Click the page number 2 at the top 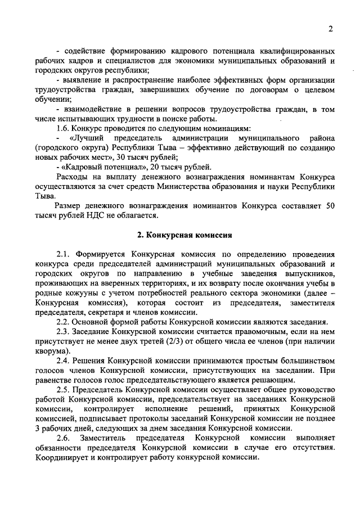331,29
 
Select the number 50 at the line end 330,206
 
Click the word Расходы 71,177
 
